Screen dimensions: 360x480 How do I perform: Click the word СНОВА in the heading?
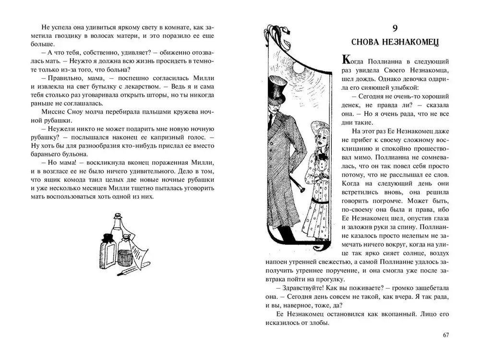370,43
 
